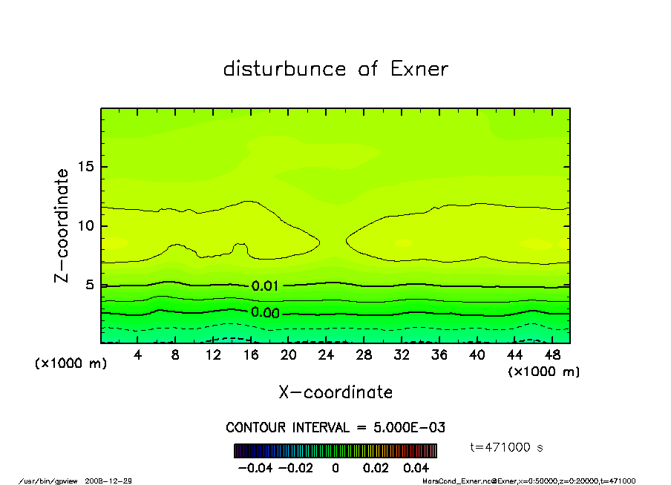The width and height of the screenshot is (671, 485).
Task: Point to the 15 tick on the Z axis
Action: (88, 167)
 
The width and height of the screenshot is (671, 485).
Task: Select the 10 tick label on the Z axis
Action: (88, 226)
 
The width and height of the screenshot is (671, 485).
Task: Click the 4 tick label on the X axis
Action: (138, 355)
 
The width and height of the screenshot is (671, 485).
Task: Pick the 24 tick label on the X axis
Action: (326, 355)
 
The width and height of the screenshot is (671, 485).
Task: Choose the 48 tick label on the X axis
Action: (551, 355)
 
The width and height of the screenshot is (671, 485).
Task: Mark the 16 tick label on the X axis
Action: (251, 355)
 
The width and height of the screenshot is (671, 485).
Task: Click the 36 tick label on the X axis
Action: (439, 355)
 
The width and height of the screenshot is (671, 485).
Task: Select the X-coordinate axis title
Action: (335, 392)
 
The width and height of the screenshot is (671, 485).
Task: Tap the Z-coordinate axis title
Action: (62, 225)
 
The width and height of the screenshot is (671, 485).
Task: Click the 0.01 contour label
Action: (265, 286)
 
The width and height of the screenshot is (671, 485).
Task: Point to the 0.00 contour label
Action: (265, 313)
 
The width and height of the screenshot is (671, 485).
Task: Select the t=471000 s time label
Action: (508, 447)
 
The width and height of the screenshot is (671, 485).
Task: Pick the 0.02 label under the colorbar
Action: (376, 468)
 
